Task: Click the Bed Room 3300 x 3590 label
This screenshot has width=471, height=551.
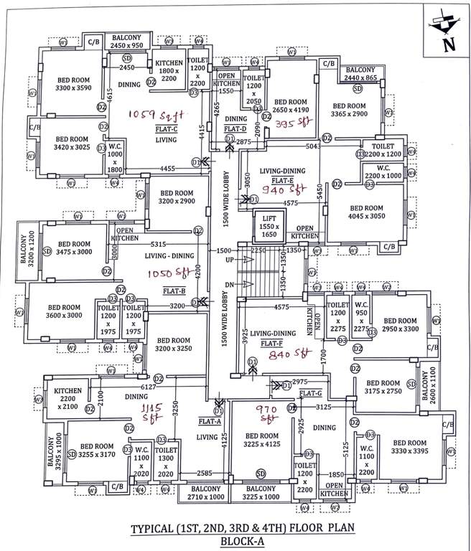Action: point(70,83)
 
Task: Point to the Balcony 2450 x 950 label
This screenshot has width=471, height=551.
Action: point(128,40)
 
